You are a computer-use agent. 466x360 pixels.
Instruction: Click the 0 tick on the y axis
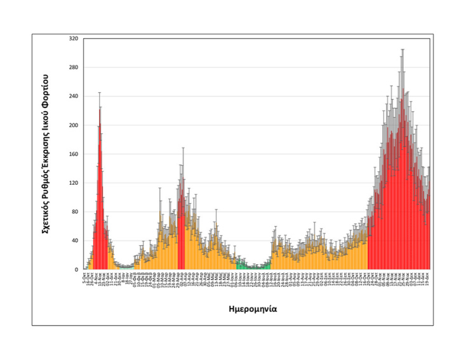pos(76,270)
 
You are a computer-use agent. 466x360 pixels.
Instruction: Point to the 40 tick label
pos(74,241)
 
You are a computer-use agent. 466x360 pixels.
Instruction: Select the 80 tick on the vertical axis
pos(74,212)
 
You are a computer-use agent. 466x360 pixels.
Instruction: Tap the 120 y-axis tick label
pos(73,183)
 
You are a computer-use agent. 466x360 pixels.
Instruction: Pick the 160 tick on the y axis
pos(73,154)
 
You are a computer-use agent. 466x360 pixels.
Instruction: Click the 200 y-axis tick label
pos(73,125)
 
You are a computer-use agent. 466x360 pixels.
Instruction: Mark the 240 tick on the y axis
pos(73,97)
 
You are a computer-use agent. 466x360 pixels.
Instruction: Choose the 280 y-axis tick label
pos(73,67)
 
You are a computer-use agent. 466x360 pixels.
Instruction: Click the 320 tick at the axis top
pos(73,39)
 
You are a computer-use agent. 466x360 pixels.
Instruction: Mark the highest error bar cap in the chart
pos(402,49)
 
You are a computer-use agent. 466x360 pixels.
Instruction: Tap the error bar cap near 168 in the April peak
pos(183,148)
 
